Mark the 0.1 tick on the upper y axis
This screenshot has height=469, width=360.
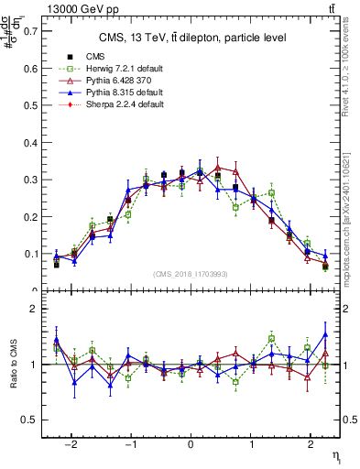tap(33, 254)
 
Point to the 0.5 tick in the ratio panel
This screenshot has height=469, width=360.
tap(33, 420)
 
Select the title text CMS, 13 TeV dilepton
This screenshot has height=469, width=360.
tap(192, 38)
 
